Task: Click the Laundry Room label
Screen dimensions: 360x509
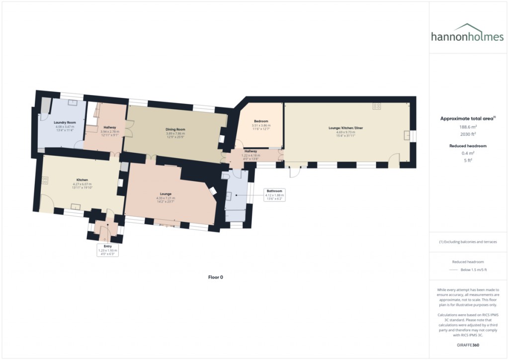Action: [65, 122]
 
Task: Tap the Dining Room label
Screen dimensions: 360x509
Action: [175, 129]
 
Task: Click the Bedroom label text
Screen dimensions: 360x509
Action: [261, 121]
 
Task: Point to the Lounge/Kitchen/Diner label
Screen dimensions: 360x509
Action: [346, 128]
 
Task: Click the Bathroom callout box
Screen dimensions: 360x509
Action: [274, 193]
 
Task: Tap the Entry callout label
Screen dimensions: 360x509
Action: [108, 246]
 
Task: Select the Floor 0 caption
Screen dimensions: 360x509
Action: [215, 277]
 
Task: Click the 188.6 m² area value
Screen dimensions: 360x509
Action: [469, 127]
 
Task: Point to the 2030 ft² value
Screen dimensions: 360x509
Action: [469, 134]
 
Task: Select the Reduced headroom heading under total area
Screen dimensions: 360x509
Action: [469, 146]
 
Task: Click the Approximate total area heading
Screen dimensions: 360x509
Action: [467, 118]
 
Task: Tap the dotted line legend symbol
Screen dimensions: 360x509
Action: [452, 270]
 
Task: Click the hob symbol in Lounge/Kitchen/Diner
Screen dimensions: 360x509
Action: [377, 106]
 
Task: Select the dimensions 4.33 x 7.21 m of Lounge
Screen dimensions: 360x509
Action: [166, 198]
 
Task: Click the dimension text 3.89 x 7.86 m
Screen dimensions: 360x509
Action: [175, 133]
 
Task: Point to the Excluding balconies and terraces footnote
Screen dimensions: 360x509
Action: [469, 242]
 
